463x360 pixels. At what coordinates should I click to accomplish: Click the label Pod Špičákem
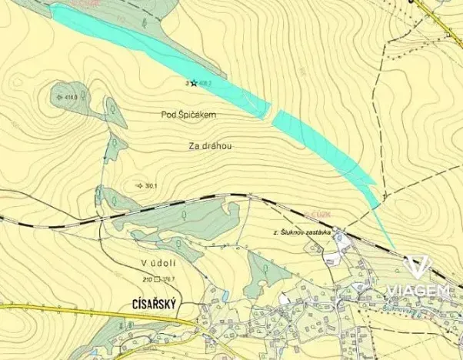(x=189, y=115)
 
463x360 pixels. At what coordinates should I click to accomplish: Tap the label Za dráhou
(x=210, y=145)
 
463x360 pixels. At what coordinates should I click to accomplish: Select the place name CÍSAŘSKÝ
(x=150, y=305)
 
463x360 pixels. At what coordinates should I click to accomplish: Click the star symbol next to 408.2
(x=194, y=82)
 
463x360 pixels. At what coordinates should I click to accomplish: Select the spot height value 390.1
(x=151, y=186)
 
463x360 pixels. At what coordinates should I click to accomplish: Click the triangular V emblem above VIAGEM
(x=418, y=267)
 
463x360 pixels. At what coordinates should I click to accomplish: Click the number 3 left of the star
(x=187, y=82)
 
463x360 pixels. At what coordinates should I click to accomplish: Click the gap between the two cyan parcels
(x=271, y=116)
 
